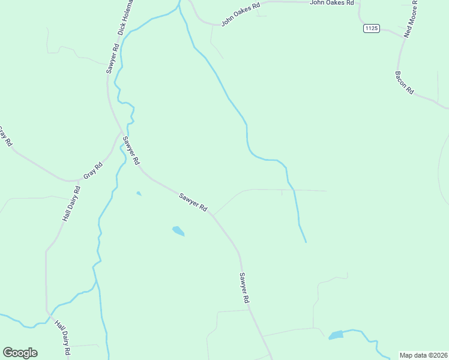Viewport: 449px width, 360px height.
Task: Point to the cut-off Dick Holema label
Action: click(126, 17)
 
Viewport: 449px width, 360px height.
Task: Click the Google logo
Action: click(20, 352)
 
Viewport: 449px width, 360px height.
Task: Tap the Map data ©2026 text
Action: click(423, 355)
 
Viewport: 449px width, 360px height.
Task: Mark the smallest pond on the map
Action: click(139, 193)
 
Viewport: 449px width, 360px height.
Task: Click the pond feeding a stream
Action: click(336, 335)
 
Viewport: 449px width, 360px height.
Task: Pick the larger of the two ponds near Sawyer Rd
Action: click(178, 230)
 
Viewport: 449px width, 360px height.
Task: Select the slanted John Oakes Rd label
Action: click(240, 14)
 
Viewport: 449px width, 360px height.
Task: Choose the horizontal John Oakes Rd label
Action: click(332, 3)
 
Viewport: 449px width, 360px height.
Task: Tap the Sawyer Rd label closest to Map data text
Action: click(244, 291)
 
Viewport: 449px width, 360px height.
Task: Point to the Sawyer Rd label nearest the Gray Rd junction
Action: click(131, 151)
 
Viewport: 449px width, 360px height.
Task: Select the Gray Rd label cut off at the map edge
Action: click(5, 137)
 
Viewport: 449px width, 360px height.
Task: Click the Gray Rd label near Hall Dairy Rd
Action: click(93, 170)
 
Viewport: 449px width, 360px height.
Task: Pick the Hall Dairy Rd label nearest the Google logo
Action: click(63, 338)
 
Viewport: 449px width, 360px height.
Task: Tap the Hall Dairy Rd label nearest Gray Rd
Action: click(71, 204)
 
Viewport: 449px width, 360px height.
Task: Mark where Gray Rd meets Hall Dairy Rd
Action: click(80, 179)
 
